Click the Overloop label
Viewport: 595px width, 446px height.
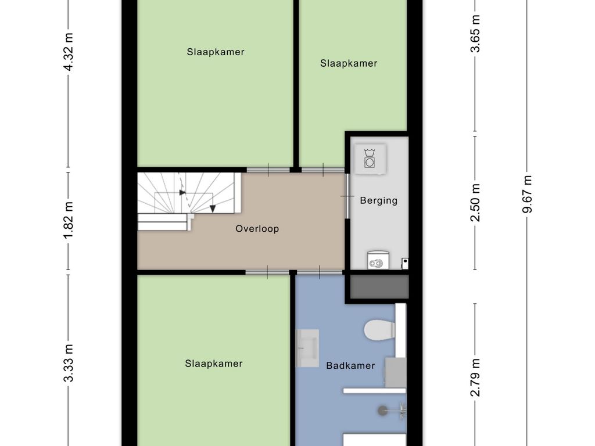(257, 229)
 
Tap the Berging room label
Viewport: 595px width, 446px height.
(378, 201)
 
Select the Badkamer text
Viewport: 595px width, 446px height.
(350, 366)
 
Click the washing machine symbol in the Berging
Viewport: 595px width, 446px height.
(369, 158)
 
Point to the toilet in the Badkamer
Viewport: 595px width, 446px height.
(378, 330)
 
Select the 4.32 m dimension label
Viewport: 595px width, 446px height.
(69, 52)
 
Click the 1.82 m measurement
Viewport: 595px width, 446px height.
(69, 220)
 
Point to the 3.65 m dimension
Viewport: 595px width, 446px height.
(476, 41)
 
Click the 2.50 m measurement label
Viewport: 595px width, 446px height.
(476, 203)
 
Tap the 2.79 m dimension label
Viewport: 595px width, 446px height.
(476, 378)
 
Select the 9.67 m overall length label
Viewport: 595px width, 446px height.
(528, 194)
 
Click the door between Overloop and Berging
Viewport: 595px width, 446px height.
(347, 196)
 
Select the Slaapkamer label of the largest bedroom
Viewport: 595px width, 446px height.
(216, 52)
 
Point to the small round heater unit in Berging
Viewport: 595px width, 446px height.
(377, 262)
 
